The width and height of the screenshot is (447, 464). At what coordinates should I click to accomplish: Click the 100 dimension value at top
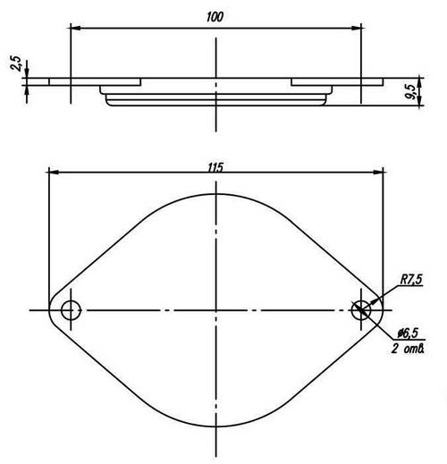pos(215,17)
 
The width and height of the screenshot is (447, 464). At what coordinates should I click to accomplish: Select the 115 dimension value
pos(215,165)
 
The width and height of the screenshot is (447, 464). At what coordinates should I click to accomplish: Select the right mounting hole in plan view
pos(361,310)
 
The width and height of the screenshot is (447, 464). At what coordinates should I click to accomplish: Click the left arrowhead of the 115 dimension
pos(52,173)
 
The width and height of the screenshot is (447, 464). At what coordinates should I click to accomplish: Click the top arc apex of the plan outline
pos(216,192)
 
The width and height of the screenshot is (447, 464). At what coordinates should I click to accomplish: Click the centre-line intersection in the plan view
pos(216,310)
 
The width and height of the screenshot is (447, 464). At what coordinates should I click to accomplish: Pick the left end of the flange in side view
pos(50,82)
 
